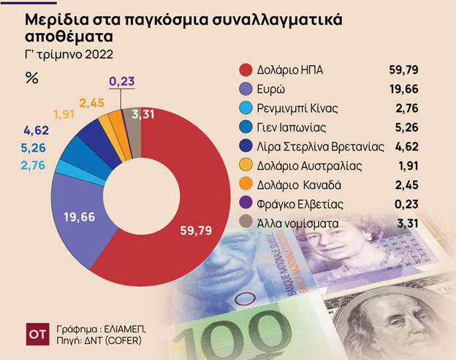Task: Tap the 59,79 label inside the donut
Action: tap(195, 231)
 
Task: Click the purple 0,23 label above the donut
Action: tap(121, 81)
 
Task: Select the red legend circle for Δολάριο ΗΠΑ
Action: tap(246, 70)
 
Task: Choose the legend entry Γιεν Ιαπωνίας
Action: tap(292, 127)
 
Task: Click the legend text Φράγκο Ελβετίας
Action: tap(299, 204)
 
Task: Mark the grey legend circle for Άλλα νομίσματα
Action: tap(246, 223)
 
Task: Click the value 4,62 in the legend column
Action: tap(406, 147)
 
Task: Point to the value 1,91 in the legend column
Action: tap(406, 166)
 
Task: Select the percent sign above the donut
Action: tap(31, 77)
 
